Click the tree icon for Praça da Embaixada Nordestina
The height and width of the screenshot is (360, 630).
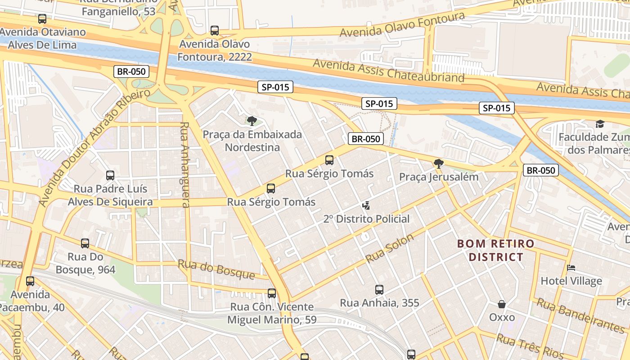tap(252, 121)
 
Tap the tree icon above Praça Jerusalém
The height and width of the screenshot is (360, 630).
tap(439, 163)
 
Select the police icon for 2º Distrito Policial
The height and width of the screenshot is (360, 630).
tap(366, 206)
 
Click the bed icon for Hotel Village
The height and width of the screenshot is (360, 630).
tap(571, 268)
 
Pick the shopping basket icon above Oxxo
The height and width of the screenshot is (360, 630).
tap(502, 304)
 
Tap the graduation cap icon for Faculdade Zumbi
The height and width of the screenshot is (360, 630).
tap(600, 124)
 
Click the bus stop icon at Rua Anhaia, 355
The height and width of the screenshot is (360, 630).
tap(379, 290)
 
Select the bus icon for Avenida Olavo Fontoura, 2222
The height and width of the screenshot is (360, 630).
tap(215, 31)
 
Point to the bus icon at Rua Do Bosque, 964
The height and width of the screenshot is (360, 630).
tap(85, 243)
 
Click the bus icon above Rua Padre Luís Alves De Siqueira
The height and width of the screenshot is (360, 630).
tap(110, 175)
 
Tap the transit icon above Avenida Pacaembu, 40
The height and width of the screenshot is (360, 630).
tap(30, 281)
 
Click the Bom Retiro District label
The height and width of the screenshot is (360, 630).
tap(496, 250)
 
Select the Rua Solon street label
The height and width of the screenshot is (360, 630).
tap(390, 249)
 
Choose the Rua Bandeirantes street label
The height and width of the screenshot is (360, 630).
tap(580, 315)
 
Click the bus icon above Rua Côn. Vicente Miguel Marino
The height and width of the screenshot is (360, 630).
tap(272, 293)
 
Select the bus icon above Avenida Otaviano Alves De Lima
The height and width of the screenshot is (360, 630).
tap(42, 19)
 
